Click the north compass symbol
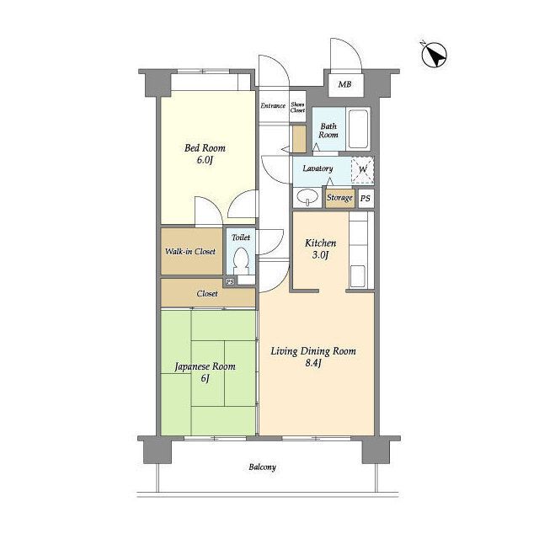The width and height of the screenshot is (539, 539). click(x=434, y=54)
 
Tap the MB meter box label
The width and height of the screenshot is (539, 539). click(x=344, y=84)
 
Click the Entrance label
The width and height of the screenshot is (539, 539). click(x=273, y=105)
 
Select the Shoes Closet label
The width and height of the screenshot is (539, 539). click(x=297, y=107)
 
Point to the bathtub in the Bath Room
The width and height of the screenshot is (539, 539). click(x=358, y=129)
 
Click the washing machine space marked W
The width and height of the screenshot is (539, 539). click(x=363, y=169)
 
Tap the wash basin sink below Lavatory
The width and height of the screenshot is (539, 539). click(x=307, y=198)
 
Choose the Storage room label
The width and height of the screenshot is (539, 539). click(x=339, y=198)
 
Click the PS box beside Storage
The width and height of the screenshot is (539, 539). click(x=366, y=199)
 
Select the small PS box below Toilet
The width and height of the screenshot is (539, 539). click(x=230, y=281)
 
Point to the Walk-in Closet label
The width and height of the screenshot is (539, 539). click(x=190, y=252)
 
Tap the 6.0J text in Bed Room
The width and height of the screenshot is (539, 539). click(x=205, y=160)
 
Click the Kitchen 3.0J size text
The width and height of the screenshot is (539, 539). click(x=321, y=255)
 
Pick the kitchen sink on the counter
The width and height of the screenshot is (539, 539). click(x=357, y=276)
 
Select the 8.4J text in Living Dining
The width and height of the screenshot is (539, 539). click(x=313, y=363)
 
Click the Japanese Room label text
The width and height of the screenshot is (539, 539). click(x=205, y=367)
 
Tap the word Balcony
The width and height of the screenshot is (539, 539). click(x=262, y=467)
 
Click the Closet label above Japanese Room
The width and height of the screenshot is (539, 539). click(x=207, y=294)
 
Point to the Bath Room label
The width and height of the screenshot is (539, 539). click(x=328, y=131)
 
